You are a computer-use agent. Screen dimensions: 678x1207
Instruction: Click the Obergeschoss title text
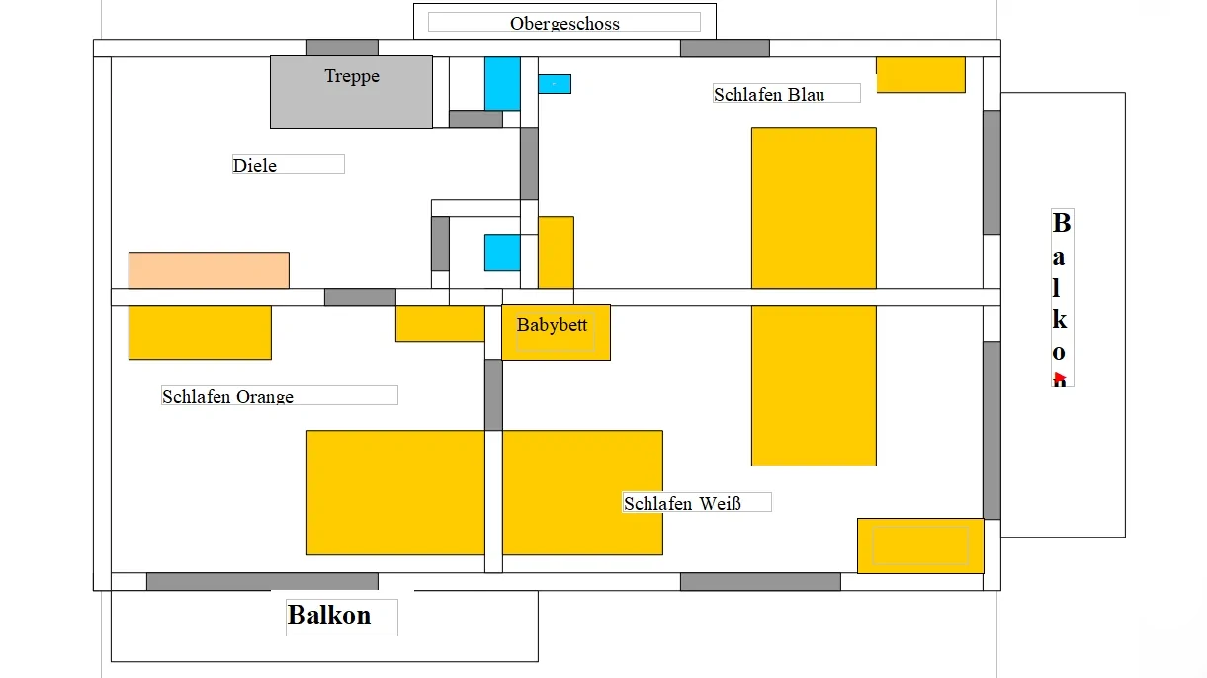[564, 23]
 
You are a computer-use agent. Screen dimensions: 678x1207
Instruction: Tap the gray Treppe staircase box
[351, 92]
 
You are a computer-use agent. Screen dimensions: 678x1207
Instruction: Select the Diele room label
[255, 165]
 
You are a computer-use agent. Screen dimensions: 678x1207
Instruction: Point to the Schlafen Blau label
[769, 94]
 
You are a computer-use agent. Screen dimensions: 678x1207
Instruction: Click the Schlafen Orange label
[228, 396]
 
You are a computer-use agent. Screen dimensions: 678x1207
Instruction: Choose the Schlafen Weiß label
[682, 503]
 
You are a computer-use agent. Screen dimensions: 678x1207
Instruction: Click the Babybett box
[556, 332]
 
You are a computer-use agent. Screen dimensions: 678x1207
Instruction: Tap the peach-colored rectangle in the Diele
[209, 270]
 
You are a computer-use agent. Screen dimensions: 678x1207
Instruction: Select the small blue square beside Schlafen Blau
[554, 84]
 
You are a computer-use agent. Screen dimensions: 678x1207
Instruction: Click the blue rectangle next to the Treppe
[502, 83]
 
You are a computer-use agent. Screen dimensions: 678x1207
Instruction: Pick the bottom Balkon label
[329, 615]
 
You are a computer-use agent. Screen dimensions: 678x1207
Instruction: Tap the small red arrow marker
[1059, 377]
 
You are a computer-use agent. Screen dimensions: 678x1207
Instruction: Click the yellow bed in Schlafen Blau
[814, 208]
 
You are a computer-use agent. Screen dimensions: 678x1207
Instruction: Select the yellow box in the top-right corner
[920, 74]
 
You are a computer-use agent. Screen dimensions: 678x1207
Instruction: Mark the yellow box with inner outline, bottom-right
[920, 546]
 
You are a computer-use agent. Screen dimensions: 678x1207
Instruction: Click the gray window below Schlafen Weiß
[760, 581]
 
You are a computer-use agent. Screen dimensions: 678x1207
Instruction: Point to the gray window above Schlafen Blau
[725, 47]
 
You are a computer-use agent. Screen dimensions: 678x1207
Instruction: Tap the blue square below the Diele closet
[501, 252]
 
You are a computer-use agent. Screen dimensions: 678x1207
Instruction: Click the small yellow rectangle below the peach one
[200, 332]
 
